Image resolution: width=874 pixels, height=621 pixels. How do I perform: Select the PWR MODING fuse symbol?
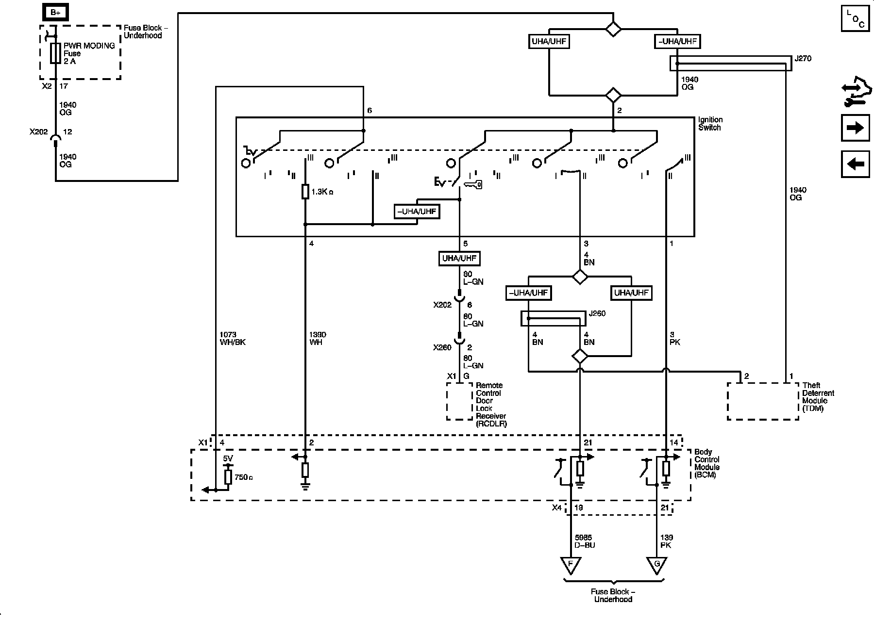pos(55,53)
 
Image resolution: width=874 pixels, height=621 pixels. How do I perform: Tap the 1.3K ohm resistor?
pos(305,192)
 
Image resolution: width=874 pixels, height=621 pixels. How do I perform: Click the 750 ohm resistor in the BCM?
pos(228,477)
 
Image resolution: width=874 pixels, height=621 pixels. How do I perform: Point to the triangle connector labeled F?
pos(571,565)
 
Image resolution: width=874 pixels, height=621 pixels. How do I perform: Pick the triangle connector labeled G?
pos(656,565)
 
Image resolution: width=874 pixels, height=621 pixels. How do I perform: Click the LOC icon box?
pos(855,18)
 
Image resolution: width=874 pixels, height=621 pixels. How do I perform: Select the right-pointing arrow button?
pos(855,128)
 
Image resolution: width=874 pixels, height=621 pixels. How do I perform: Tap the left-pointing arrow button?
pos(855,164)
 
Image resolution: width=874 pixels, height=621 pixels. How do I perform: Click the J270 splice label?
pos(803,59)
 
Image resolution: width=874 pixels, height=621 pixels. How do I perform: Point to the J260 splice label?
pos(597,313)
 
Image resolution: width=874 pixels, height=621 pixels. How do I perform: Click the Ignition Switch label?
pos(710,124)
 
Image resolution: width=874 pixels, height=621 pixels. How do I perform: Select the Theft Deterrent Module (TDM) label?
pos(818,397)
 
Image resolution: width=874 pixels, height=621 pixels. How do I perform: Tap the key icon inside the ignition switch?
pos(473,184)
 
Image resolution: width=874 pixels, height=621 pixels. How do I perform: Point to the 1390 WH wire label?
pos(318,338)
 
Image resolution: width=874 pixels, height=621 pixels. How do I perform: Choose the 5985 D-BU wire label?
pos(585,541)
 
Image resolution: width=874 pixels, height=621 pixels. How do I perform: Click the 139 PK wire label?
pos(667,541)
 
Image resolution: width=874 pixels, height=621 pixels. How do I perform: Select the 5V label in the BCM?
pos(228,458)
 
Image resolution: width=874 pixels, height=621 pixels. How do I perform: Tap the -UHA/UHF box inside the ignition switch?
pos(417,212)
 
